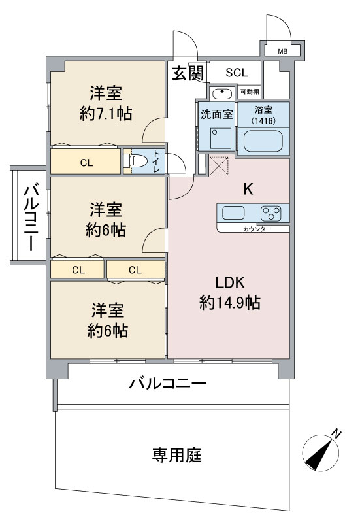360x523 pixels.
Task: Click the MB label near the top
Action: click(283, 52)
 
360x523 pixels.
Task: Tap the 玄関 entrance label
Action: click(188, 73)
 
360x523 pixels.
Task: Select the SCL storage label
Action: click(237, 73)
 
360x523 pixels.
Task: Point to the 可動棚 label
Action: click(250, 92)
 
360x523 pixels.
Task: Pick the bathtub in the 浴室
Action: click(263, 141)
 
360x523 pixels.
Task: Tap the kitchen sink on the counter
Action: click(233, 213)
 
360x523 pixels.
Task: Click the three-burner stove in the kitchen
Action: click(271, 213)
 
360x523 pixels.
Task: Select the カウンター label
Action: click(257, 229)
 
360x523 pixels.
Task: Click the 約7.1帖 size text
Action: click(106, 113)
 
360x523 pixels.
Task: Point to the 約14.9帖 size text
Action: click(230, 303)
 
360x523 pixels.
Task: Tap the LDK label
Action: click(230, 282)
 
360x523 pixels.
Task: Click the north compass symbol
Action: click(321, 452)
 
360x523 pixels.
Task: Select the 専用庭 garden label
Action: click(176, 454)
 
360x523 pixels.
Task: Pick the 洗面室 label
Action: click(217, 114)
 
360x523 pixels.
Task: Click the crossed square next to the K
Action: click(219, 166)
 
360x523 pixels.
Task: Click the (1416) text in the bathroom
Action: click(263, 120)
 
